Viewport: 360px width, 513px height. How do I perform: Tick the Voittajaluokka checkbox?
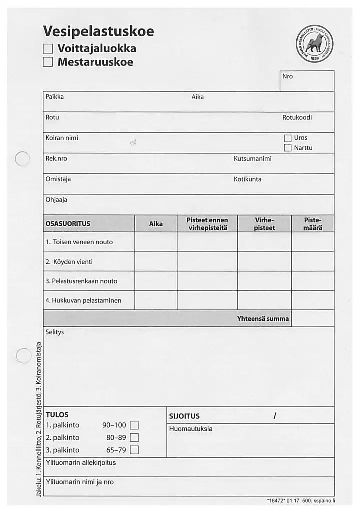pyautogui.click(x=48, y=49)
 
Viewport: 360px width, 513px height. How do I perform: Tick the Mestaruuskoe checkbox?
pyautogui.click(x=48, y=62)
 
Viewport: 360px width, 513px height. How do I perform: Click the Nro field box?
pyautogui.click(x=306, y=81)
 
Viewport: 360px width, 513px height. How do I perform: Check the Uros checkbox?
pyautogui.click(x=287, y=138)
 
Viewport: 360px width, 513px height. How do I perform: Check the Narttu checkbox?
pyautogui.click(x=287, y=148)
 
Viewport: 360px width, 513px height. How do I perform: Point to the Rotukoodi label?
pyautogui.click(x=297, y=117)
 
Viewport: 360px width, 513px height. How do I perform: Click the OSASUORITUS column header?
pyautogui.click(x=68, y=224)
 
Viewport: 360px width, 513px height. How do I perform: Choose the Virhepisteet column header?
pyautogui.click(x=264, y=224)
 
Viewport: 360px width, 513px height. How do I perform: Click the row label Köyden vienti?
pyautogui.click(x=69, y=262)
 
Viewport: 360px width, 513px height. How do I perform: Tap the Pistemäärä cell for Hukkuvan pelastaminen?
pyautogui.click(x=312, y=300)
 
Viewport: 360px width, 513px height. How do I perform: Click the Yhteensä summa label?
pyautogui.click(x=263, y=318)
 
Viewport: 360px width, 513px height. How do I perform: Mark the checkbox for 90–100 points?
pyautogui.click(x=134, y=426)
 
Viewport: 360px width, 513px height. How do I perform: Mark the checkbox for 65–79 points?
pyautogui.click(x=134, y=450)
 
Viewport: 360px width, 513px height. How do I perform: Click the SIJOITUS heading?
pyautogui.click(x=185, y=416)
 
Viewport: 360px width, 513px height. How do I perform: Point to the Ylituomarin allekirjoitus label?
pyautogui.click(x=81, y=463)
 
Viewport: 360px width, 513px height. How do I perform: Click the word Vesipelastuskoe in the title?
pyautogui.click(x=98, y=32)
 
